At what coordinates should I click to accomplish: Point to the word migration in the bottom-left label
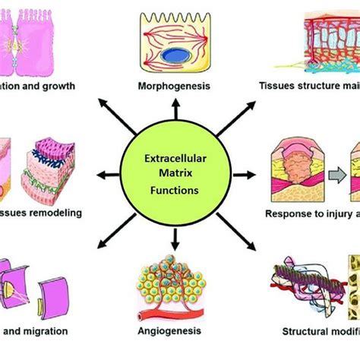46,331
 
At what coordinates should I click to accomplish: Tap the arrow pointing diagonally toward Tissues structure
226,125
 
